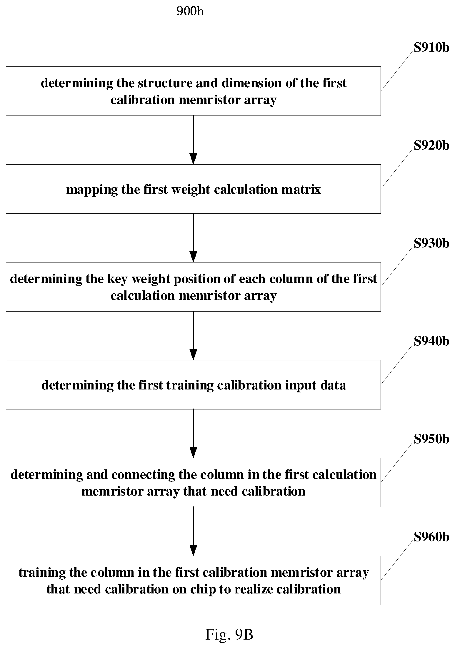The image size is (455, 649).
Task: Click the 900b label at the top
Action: pyautogui.click(x=190, y=11)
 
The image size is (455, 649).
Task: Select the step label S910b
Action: pyautogui.click(x=431, y=48)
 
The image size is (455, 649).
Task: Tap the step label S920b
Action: pyautogui.click(x=431, y=145)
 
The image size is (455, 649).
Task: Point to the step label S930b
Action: pyautogui.click(x=431, y=243)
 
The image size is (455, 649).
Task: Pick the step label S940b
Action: pyautogui.click(x=431, y=341)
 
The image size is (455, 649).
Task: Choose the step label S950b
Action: pyautogui.click(x=431, y=439)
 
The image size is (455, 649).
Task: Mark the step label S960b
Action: pyautogui.click(x=431, y=537)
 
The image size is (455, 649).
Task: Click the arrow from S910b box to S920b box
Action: pyautogui.click(x=193, y=140)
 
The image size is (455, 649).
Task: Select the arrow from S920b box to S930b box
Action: pyautogui.click(x=193, y=238)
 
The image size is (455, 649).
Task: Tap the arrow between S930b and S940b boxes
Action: pyautogui.click(x=193, y=336)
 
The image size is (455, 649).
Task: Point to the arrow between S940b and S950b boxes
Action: pyautogui.click(x=193, y=434)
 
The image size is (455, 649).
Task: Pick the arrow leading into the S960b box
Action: pyautogui.click(x=193, y=531)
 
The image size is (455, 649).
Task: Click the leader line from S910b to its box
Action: pyautogui.click(x=397, y=71)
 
